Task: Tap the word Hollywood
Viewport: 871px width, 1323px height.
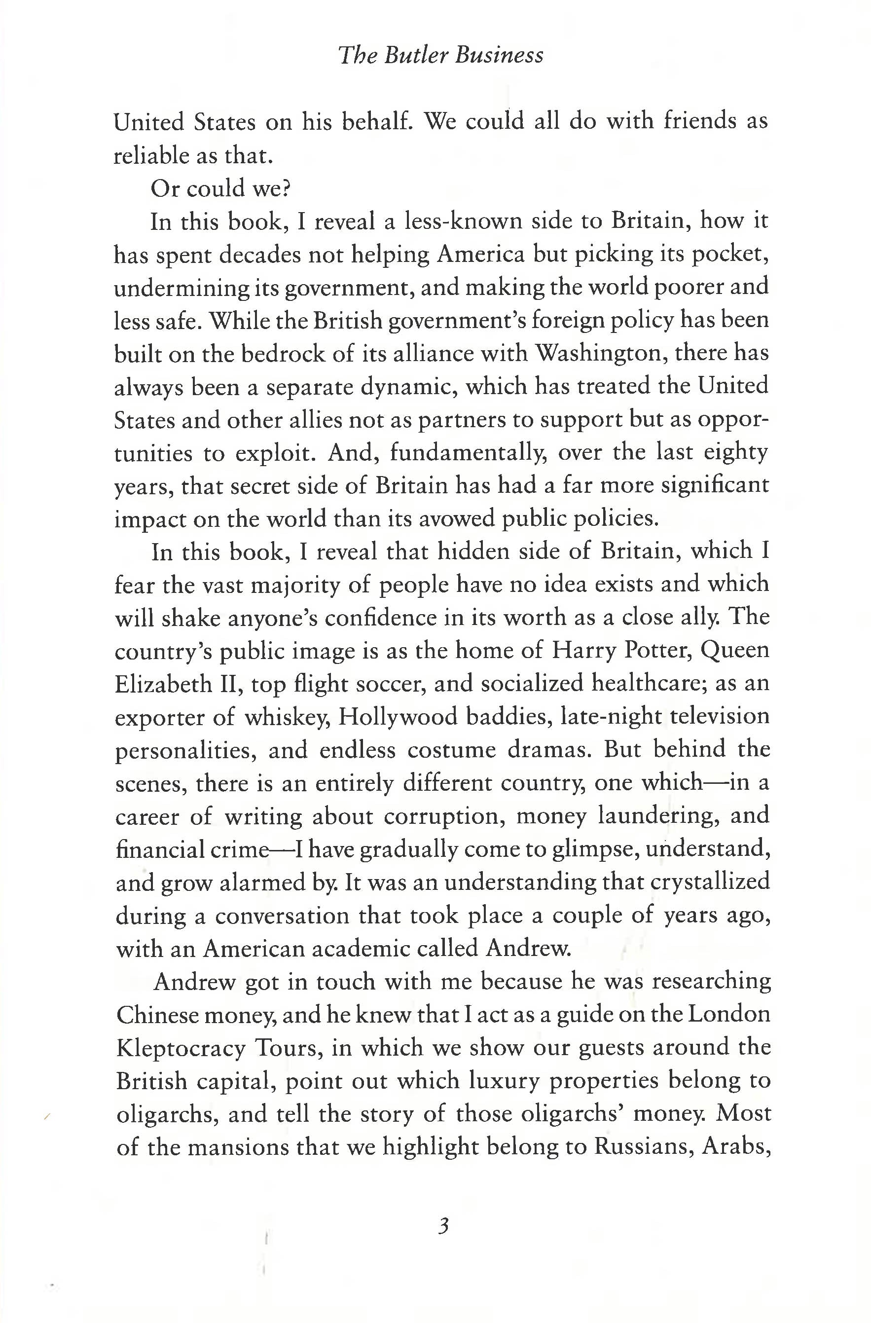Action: tap(398, 717)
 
